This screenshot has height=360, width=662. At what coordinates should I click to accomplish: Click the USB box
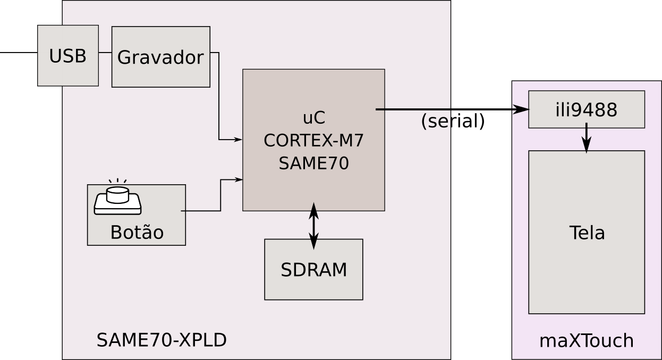(68, 56)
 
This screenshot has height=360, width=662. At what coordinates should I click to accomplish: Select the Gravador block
(160, 57)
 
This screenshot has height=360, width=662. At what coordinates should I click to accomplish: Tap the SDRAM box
(313, 270)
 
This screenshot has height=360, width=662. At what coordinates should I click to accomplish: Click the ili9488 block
(586, 110)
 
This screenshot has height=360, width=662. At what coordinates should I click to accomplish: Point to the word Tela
(587, 233)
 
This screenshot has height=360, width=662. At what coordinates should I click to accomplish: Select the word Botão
(137, 233)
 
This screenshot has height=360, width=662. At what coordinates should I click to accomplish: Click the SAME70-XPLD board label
(162, 340)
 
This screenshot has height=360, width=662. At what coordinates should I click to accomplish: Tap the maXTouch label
(586, 341)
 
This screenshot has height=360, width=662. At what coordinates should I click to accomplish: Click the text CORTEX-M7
(313, 141)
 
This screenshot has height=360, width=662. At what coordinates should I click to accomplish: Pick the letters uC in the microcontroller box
(313, 118)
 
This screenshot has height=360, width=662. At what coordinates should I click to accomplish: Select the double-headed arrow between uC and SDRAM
(313, 225)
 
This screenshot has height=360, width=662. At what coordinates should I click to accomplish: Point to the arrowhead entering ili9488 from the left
(521, 110)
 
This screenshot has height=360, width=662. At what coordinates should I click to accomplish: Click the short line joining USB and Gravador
(105, 53)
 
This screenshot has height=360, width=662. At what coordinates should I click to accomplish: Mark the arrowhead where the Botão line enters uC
(239, 179)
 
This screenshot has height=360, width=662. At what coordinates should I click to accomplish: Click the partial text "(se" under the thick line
(435, 122)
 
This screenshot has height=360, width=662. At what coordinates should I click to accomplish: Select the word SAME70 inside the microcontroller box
(313, 164)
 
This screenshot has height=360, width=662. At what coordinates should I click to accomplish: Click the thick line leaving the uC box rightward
(414, 109)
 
